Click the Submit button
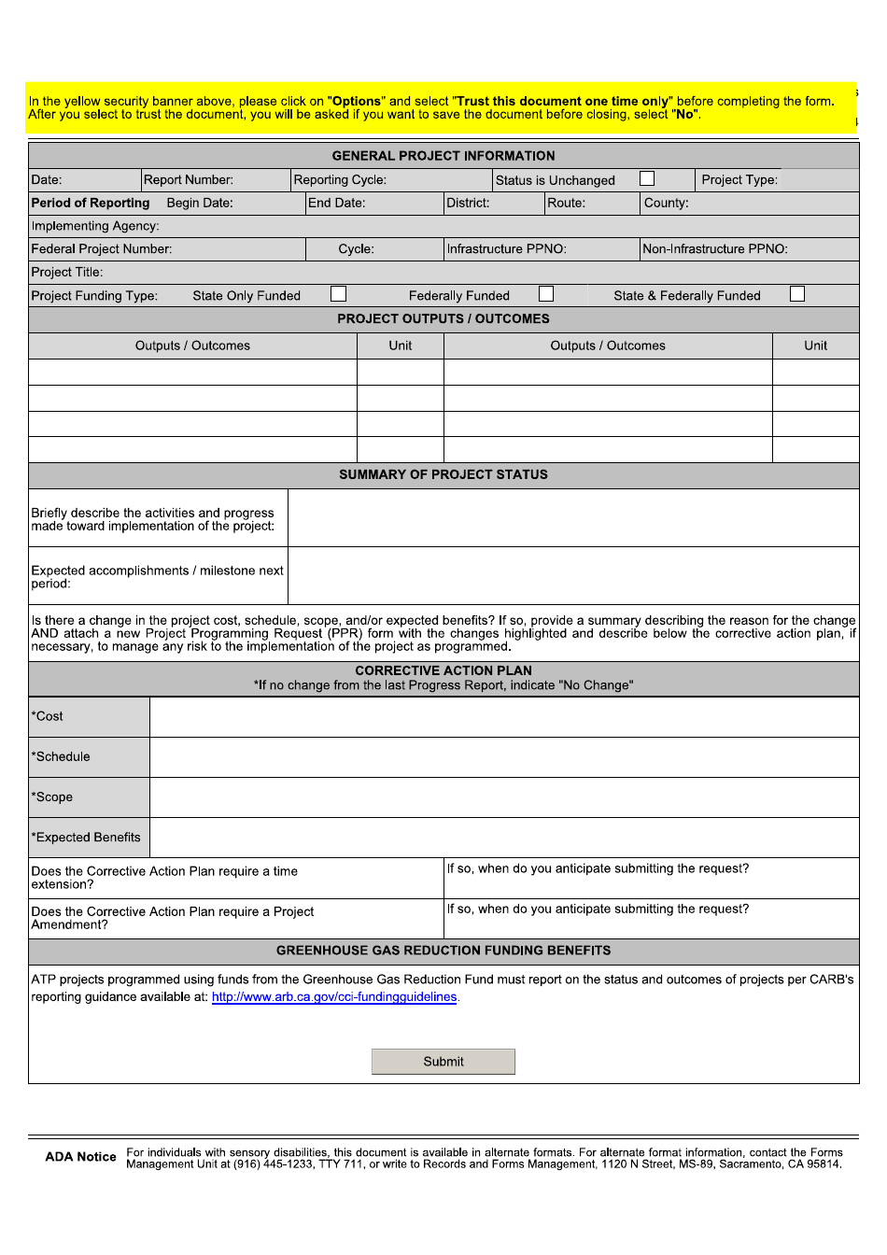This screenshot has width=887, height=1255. [x=443, y=1062]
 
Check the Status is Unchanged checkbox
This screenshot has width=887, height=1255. [x=647, y=178]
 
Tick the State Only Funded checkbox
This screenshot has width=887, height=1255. [x=338, y=294]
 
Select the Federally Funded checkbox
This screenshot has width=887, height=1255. [x=546, y=294]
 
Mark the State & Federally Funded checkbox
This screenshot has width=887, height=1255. [x=796, y=294]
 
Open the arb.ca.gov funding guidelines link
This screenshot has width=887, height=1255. [x=334, y=997]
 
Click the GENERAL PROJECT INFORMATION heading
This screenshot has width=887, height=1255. [x=443, y=156]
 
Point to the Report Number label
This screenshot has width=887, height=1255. [x=189, y=180]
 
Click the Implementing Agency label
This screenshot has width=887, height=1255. [x=95, y=226]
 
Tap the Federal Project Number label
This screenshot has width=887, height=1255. [x=102, y=249]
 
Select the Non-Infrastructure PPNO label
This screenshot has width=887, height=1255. [x=715, y=249]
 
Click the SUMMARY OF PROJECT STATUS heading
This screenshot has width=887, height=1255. [x=443, y=474]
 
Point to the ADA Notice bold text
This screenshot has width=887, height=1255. [x=80, y=1157]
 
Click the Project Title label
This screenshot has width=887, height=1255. [x=67, y=273]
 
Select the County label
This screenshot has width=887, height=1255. [x=667, y=203]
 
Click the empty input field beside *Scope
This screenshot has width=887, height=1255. [x=504, y=797]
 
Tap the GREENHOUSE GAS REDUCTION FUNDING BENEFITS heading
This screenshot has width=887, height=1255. [x=443, y=951]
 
